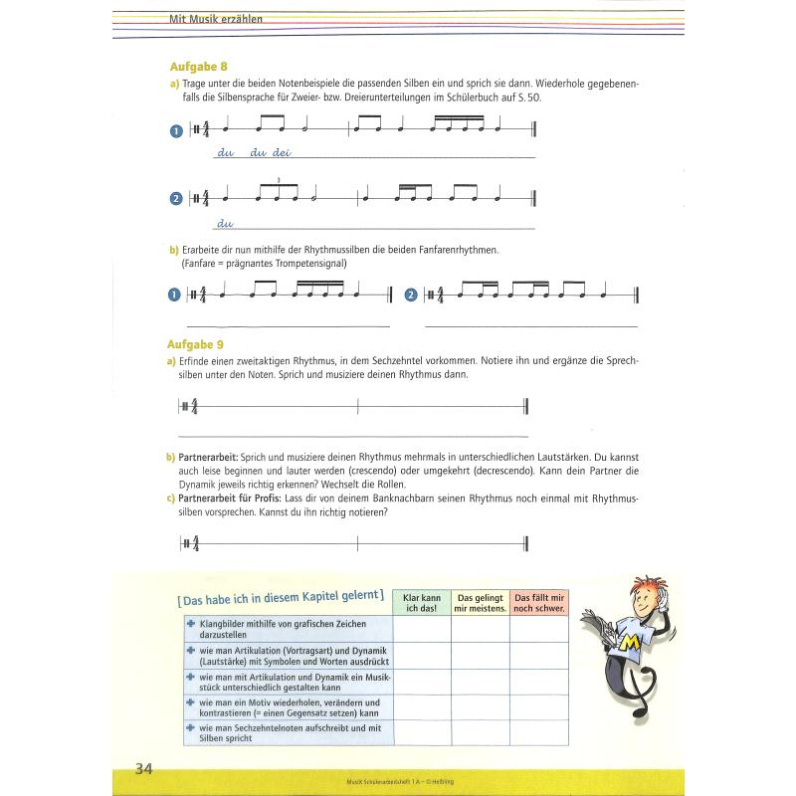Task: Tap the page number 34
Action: (x=144, y=767)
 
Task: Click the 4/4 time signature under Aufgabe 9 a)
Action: (x=194, y=406)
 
